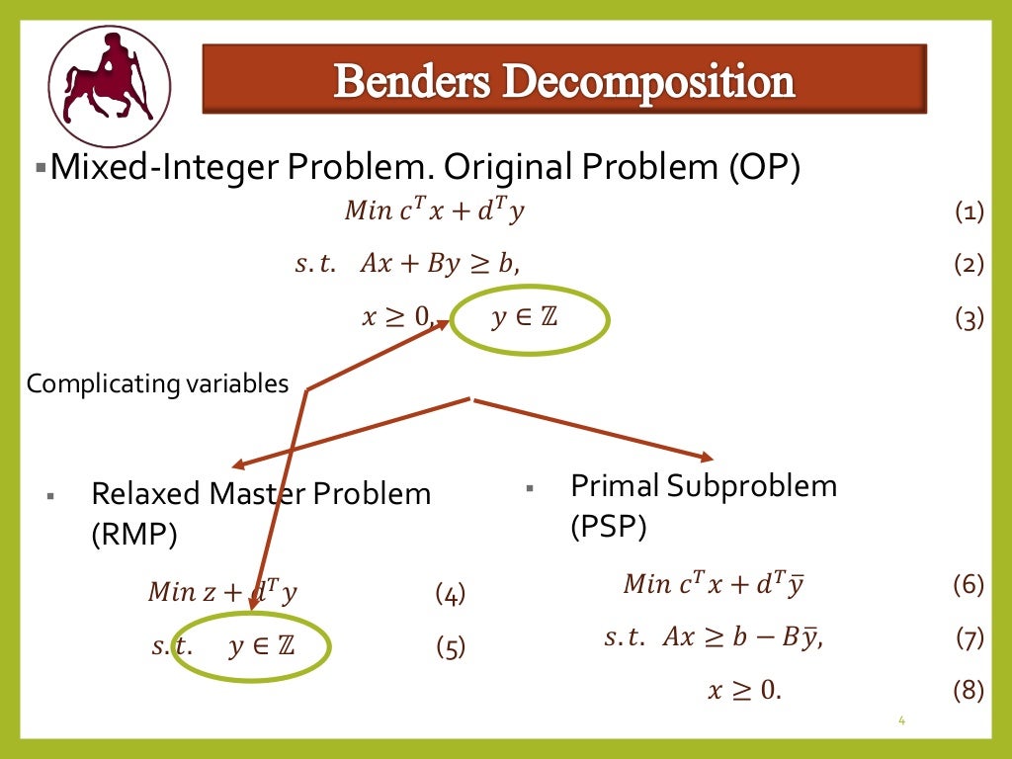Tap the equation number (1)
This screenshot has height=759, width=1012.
point(970,211)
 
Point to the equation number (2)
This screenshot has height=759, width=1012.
point(970,265)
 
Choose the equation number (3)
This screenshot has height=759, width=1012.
point(970,318)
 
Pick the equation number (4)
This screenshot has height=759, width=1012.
point(450,594)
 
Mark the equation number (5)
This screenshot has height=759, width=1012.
point(450,648)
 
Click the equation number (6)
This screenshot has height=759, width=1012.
point(969,585)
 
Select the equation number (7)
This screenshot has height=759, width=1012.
point(970,638)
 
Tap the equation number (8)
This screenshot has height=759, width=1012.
point(969,691)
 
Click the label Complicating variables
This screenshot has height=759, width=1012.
point(157,383)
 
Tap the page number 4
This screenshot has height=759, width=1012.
point(901,720)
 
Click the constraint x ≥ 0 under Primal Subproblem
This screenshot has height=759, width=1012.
point(743,691)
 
